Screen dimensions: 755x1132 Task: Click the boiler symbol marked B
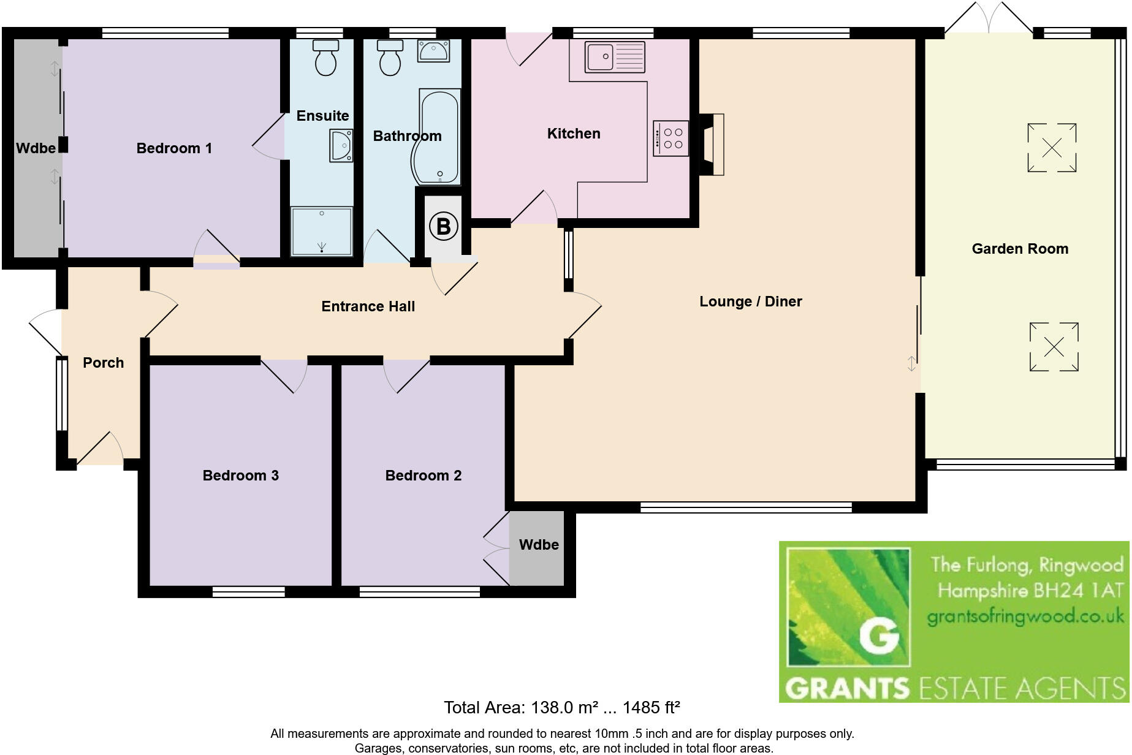(x=443, y=226)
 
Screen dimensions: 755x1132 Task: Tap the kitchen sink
(x=614, y=56)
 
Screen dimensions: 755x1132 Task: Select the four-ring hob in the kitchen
(x=670, y=138)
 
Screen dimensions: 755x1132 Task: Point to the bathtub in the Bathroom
(x=439, y=137)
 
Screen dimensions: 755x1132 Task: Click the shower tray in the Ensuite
(x=322, y=232)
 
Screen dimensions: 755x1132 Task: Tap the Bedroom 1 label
(x=174, y=148)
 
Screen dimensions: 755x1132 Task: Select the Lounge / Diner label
(x=750, y=302)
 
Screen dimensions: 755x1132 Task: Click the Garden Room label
(x=1020, y=249)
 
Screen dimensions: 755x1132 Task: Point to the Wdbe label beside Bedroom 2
(x=539, y=545)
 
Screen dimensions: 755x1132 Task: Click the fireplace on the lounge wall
(x=712, y=144)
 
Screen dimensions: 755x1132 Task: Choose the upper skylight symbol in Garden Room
(x=1052, y=148)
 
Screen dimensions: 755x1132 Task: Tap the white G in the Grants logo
(x=879, y=637)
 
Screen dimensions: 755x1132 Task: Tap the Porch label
(x=103, y=363)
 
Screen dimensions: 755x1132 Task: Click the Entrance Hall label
(x=368, y=306)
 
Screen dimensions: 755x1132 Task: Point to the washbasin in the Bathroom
(x=433, y=51)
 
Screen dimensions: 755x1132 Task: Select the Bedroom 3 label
(x=240, y=476)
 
